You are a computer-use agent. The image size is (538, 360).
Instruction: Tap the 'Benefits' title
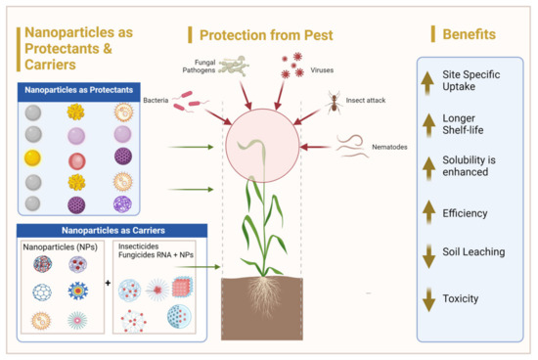click(469, 35)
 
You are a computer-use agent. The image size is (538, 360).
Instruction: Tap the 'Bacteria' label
click(156, 100)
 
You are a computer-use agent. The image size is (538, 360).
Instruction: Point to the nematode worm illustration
click(351, 147)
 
